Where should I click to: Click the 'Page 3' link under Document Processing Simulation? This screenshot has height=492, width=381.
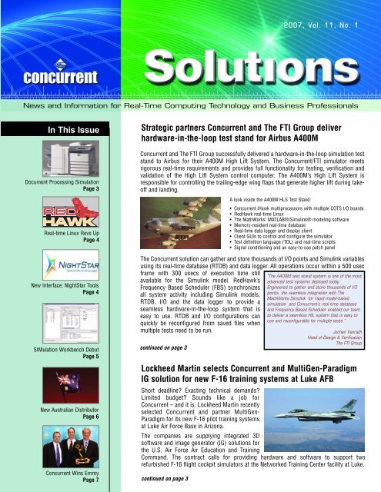(x=86, y=188)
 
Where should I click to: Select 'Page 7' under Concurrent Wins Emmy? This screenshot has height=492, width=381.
(x=86, y=482)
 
